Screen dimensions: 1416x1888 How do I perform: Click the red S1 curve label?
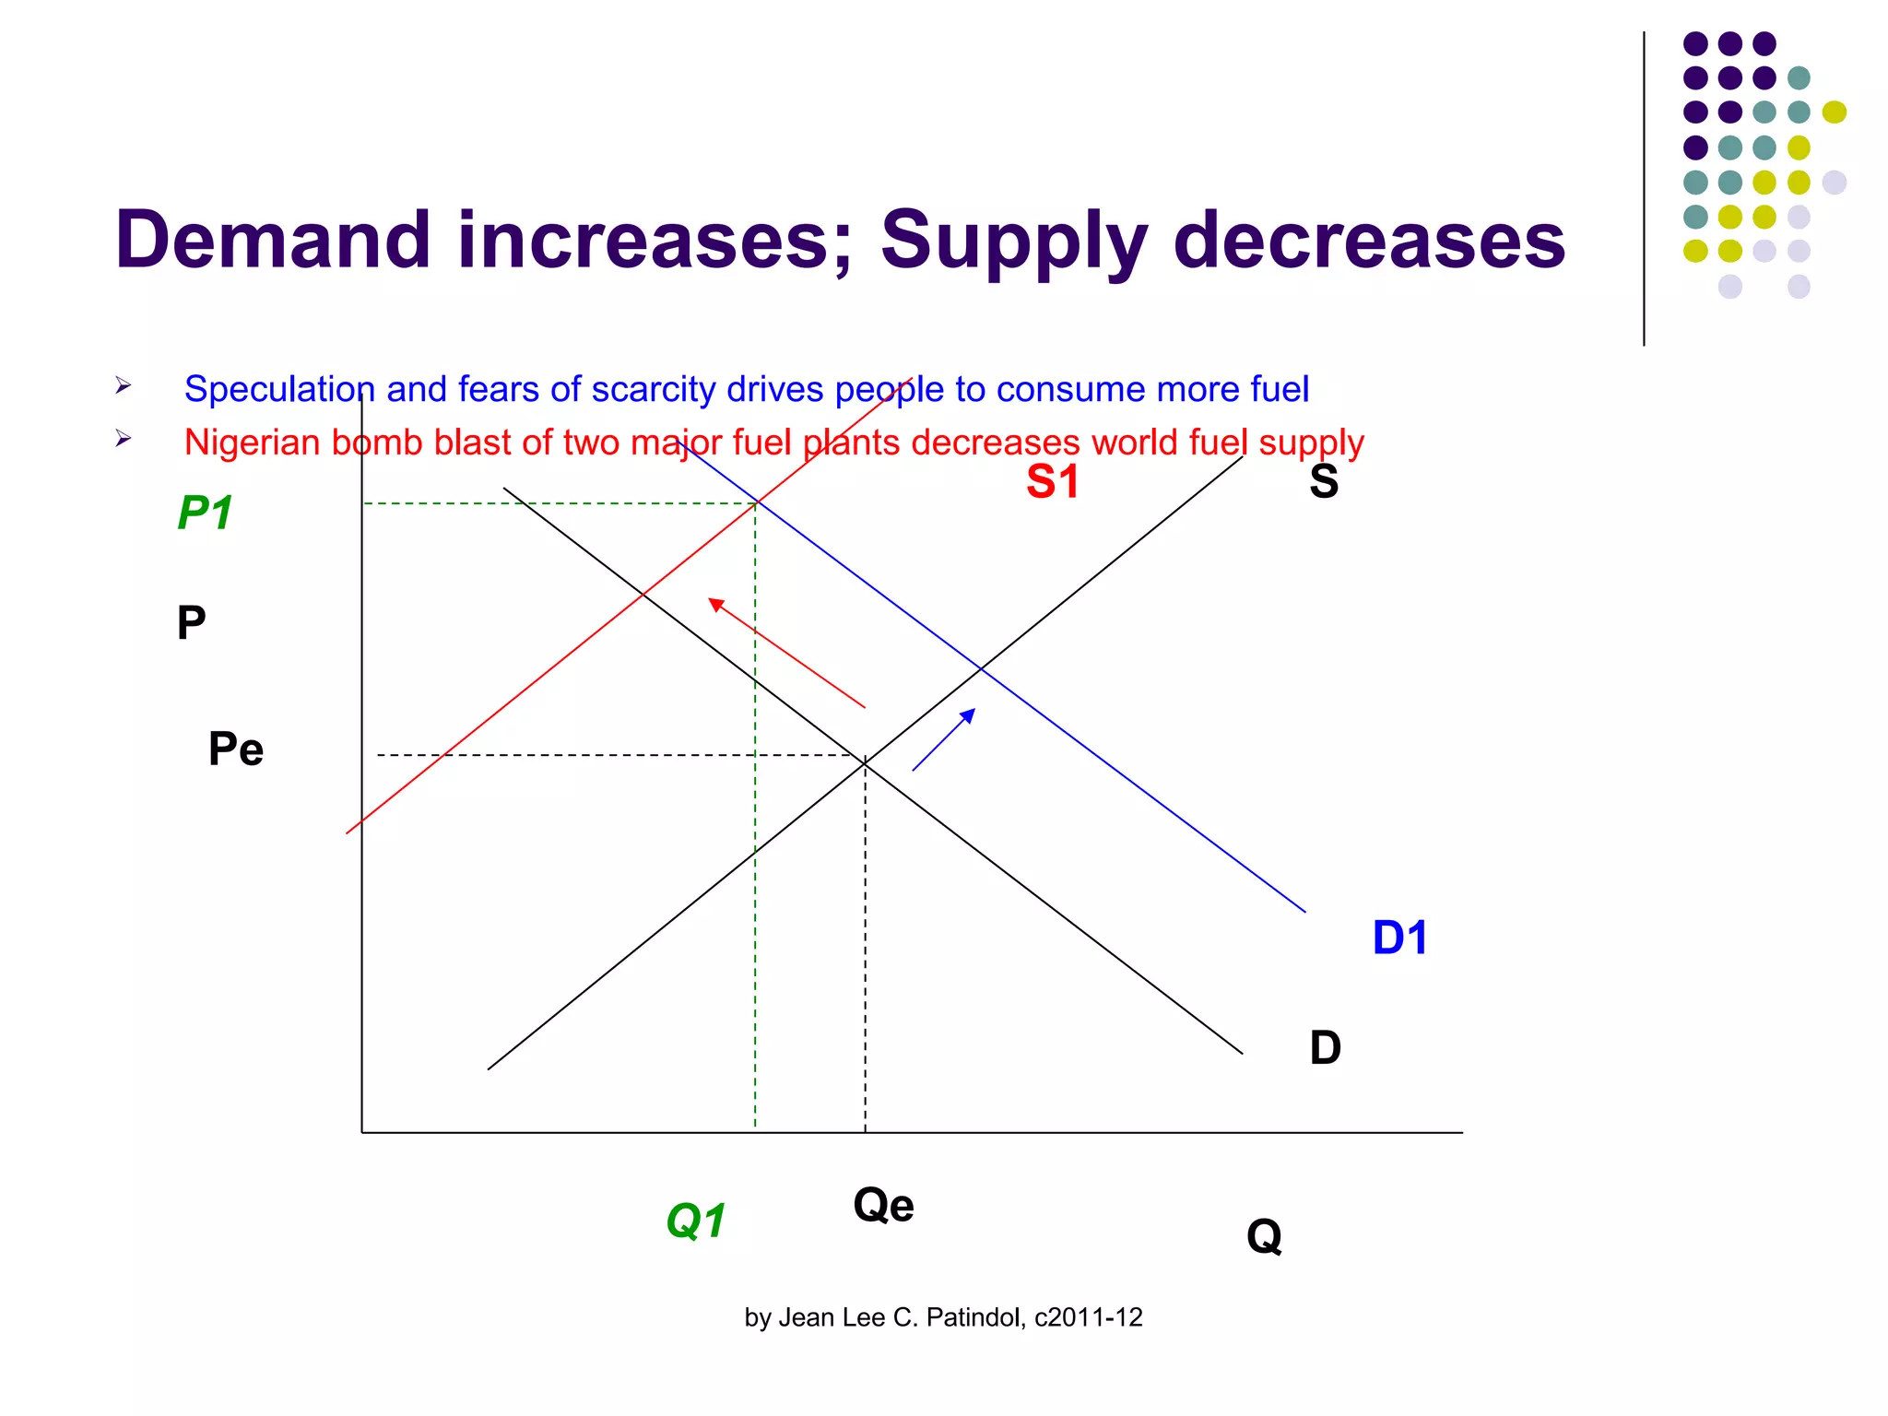tap(1052, 482)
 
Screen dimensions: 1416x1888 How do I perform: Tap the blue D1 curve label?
tap(1399, 938)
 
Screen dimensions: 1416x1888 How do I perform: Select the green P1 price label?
tap(205, 513)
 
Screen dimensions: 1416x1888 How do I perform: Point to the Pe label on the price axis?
tap(236, 749)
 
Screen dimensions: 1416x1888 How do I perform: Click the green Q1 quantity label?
tap(696, 1221)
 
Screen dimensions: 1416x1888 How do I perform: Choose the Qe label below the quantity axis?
tap(883, 1205)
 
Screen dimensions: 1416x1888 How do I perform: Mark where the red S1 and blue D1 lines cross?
tap(757, 502)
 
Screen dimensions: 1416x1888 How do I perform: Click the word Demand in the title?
tap(274, 241)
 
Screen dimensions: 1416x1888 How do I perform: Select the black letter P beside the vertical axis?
tap(191, 623)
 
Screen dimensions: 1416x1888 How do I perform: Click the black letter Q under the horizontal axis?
tap(1264, 1236)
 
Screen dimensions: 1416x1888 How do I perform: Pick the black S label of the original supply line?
tap(1324, 481)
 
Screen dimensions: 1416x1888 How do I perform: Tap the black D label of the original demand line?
tap(1325, 1048)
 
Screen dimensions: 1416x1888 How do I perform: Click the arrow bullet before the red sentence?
tap(124, 439)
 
